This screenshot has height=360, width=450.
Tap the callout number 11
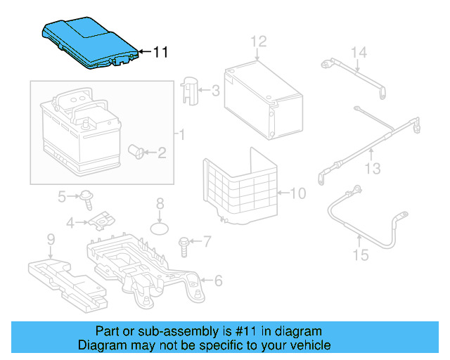pyautogui.click(x=161, y=52)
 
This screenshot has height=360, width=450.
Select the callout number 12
pyautogui.click(x=259, y=41)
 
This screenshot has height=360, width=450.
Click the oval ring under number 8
pyautogui.click(x=161, y=229)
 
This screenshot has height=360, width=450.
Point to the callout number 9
pyautogui.click(x=51, y=240)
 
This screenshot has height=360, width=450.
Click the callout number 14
pyautogui.click(x=359, y=52)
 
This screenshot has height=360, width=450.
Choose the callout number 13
pyautogui.click(x=372, y=169)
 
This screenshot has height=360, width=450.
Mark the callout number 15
pyautogui.click(x=360, y=255)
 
